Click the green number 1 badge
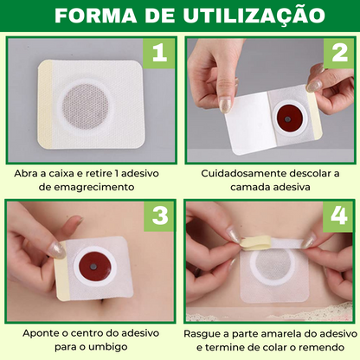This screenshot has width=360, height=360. pos(157,54)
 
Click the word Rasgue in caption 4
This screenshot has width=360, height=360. pos(203,332)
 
